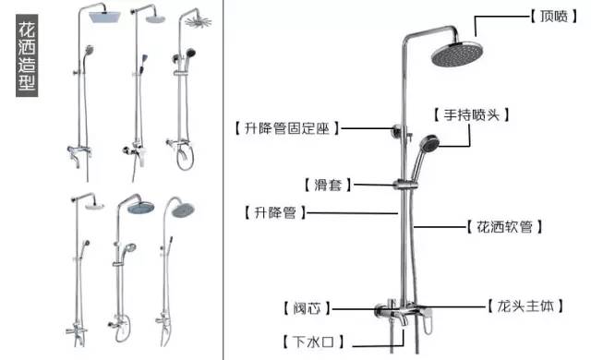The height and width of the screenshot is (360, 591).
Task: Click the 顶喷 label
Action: [554, 17]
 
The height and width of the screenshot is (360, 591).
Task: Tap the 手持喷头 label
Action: [471, 114]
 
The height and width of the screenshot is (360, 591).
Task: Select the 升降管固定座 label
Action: [287, 128]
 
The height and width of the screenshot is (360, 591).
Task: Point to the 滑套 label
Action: [328, 185]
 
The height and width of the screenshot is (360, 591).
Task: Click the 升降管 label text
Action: [275, 212]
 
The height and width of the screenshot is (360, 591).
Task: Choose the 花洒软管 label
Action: [504, 227]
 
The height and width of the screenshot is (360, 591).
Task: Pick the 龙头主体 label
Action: [525, 306]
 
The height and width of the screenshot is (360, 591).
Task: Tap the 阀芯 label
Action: [307, 308]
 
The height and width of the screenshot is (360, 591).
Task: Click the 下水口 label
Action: [313, 342]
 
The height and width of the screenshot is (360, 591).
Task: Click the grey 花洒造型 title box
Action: [27, 55]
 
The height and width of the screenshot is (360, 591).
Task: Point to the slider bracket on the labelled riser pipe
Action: [405, 185]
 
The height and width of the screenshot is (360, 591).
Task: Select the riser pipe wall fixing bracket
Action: [399, 131]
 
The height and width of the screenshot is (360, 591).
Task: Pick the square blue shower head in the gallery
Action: [104, 17]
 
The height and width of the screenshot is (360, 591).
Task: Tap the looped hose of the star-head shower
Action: [186, 158]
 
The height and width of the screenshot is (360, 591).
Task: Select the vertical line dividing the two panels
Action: [223, 180]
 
